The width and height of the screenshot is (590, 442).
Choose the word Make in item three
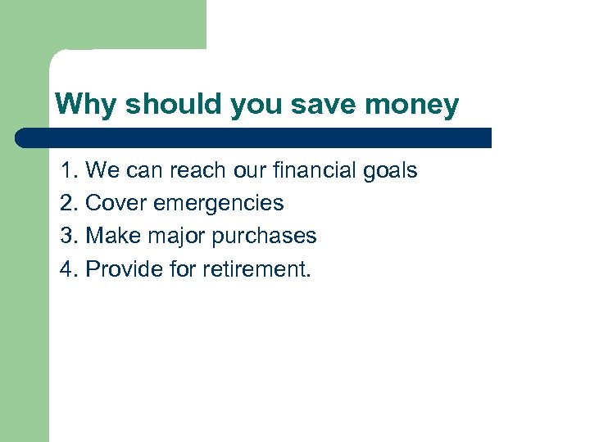pos(112,236)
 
